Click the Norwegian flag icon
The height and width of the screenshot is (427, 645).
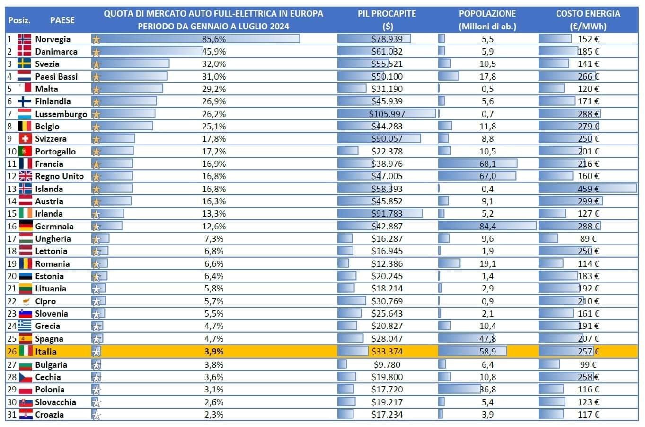(25, 39)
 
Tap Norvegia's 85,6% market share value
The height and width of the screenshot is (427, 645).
(213, 39)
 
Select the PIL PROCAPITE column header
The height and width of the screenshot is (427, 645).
(387, 20)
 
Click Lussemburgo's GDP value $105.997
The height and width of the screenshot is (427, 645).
(387, 114)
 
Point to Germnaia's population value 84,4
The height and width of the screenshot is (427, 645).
(487, 227)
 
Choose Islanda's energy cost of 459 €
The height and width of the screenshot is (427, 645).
(588, 189)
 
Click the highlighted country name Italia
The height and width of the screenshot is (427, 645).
(46, 352)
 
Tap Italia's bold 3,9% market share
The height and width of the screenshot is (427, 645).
(213, 352)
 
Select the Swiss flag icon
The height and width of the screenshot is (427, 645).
(25, 139)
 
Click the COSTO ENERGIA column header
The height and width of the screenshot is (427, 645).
(588, 20)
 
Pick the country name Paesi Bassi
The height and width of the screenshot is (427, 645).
(56, 76)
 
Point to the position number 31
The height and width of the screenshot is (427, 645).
(12, 415)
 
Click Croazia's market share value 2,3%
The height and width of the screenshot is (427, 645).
(213, 415)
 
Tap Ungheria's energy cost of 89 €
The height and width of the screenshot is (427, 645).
(588, 239)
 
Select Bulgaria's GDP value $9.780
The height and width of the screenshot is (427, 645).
(387, 365)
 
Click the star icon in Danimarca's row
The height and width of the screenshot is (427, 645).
(96, 52)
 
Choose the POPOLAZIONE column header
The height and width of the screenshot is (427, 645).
(487, 20)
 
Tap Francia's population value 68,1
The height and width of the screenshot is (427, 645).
(487, 164)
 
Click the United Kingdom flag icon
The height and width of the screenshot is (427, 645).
(26, 176)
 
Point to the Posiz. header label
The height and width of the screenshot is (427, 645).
(19, 20)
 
